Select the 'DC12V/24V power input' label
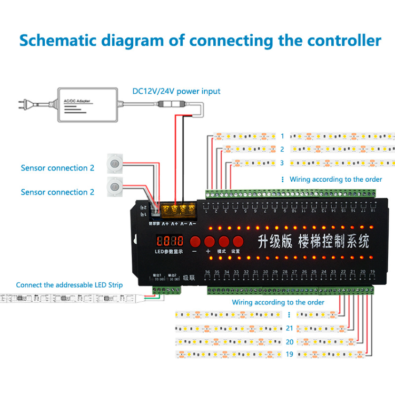[x=176, y=91]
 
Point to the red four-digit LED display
[x=169, y=241]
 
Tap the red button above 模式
[x=224, y=242]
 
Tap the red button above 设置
[x=238, y=242]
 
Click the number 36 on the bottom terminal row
[x=208, y=272]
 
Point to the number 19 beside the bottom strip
[x=289, y=354]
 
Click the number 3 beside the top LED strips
[x=282, y=163]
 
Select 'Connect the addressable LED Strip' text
[x=69, y=285]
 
